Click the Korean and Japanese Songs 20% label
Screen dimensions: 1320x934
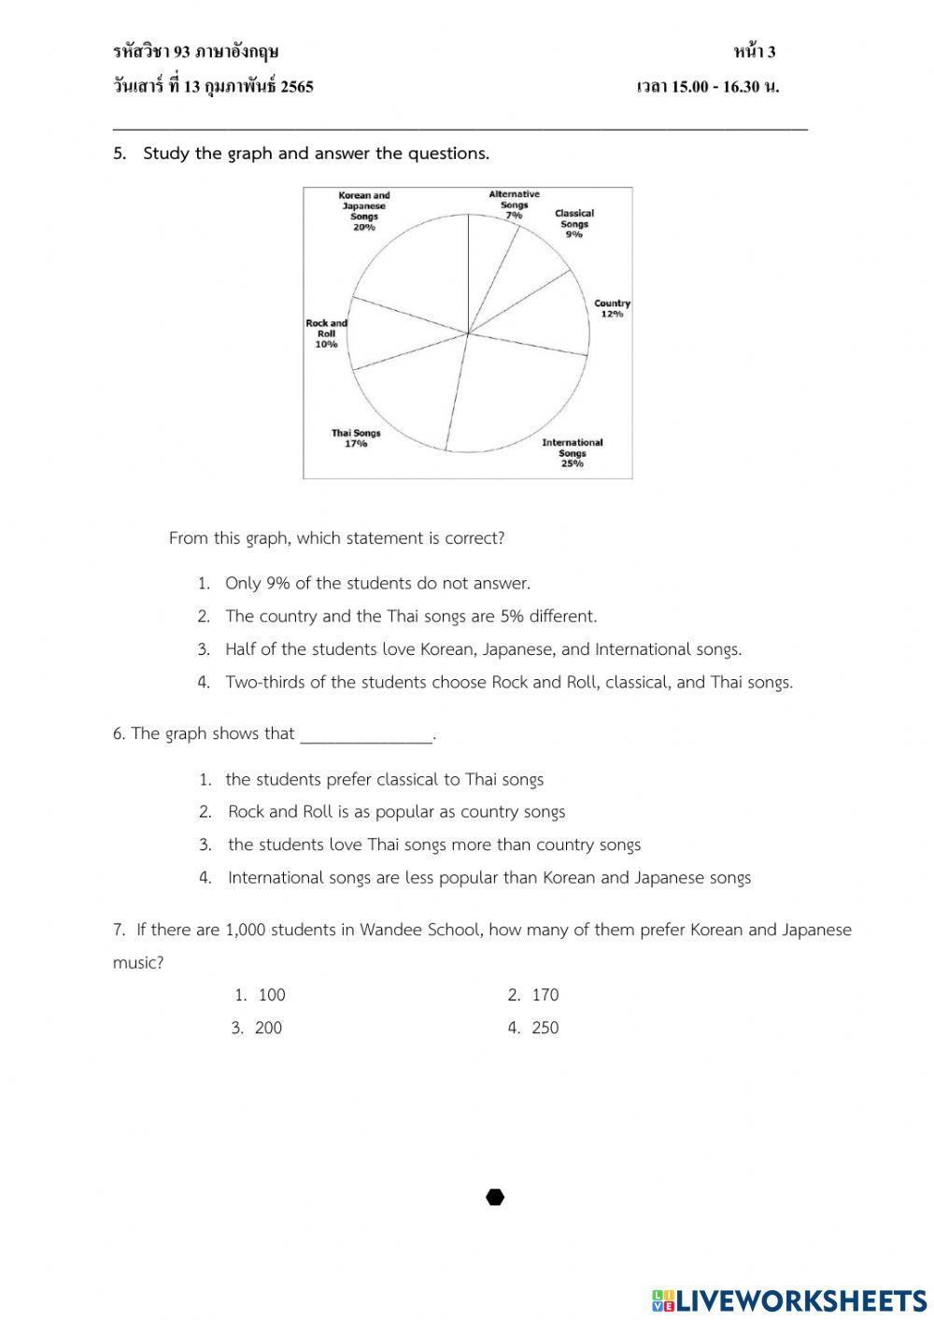pyautogui.click(x=364, y=212)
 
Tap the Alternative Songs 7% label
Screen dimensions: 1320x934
pyautogui.click(x=514, y=205)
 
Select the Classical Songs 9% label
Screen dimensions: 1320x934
pyautogui.click(x=573, y=223)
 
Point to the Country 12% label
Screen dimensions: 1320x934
pyautogui.click(x=612, y=308)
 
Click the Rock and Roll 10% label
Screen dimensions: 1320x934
pyautogui.click(x=326, y=334)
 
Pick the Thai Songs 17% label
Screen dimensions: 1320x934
pyautogui.click(x=356, y=438)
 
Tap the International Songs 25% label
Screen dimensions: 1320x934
pyautogui.click(x=572, y=453)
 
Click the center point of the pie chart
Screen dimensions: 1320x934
pyautogui.click(x=468, y=333)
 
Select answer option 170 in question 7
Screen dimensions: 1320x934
pyautogui.click(x=545, y=995)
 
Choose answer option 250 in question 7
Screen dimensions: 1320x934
pyautogui.click(x=545, y=1028)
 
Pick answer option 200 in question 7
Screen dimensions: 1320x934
pyautogui.click(x=268, y=1028)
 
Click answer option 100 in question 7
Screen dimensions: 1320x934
pyautogui.click(x=272, y=995)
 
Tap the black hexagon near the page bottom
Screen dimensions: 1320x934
pyautogui.click(x=495, y=1198)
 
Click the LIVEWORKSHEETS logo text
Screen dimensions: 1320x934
pyautogui.click(x=800, y=1300)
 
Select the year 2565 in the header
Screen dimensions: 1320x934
pyautogui.click(x=297, y=87)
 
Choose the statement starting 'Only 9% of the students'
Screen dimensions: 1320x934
pyautogui.click(x=377, y=583)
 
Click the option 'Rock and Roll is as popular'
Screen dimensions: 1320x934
pyautogui.click(x=396, y=812)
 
